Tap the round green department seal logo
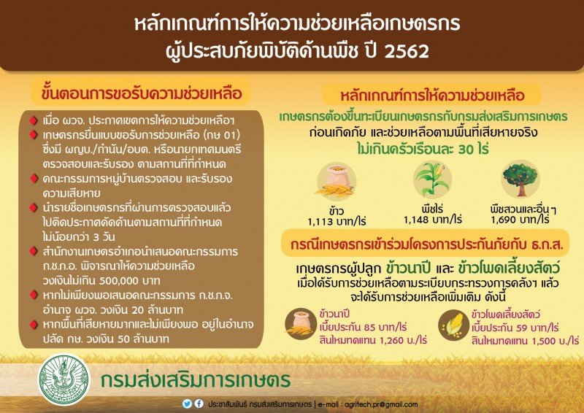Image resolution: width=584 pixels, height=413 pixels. click(64, 379)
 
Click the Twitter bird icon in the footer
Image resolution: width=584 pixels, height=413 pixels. click(187, 404)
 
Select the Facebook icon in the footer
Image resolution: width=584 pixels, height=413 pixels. click(199, 404)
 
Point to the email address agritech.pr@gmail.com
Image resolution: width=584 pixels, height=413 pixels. click(381, 404)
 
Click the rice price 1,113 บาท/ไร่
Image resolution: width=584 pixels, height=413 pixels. click(337, 222)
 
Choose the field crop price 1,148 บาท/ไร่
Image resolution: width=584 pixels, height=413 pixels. click(432, 220)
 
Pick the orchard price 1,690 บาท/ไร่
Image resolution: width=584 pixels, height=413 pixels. click(520, 220)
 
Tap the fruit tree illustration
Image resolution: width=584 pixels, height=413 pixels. click(520, 179)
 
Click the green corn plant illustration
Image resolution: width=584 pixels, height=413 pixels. click(432, 179)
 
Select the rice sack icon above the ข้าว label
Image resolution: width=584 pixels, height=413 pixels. click(336, 181)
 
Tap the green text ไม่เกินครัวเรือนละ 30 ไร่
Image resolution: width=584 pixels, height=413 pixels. click(423, 150)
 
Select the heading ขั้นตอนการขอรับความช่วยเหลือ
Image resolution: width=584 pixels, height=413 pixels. click(142, 93)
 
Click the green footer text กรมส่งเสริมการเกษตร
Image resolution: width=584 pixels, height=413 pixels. click(196, 380)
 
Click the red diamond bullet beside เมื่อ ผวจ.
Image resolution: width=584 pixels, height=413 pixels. click(34, 120)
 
